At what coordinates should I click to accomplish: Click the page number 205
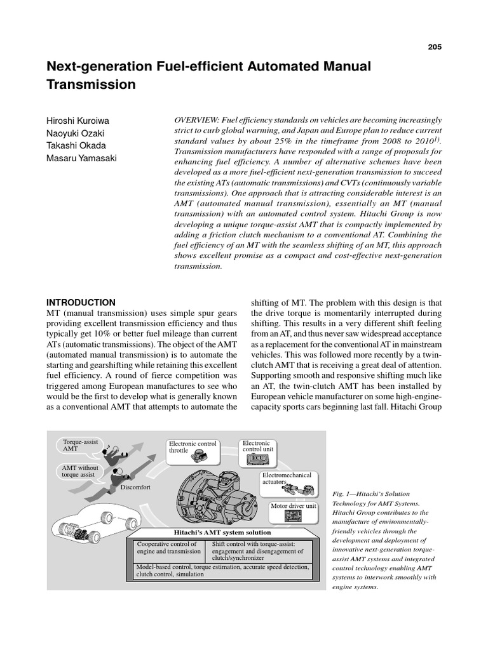point(435,47)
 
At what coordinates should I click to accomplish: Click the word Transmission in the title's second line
point(91,84)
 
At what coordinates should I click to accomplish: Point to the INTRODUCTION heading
point(81,303)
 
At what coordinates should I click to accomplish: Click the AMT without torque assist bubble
point(78,470)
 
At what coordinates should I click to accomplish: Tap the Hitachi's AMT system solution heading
point(222,532)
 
